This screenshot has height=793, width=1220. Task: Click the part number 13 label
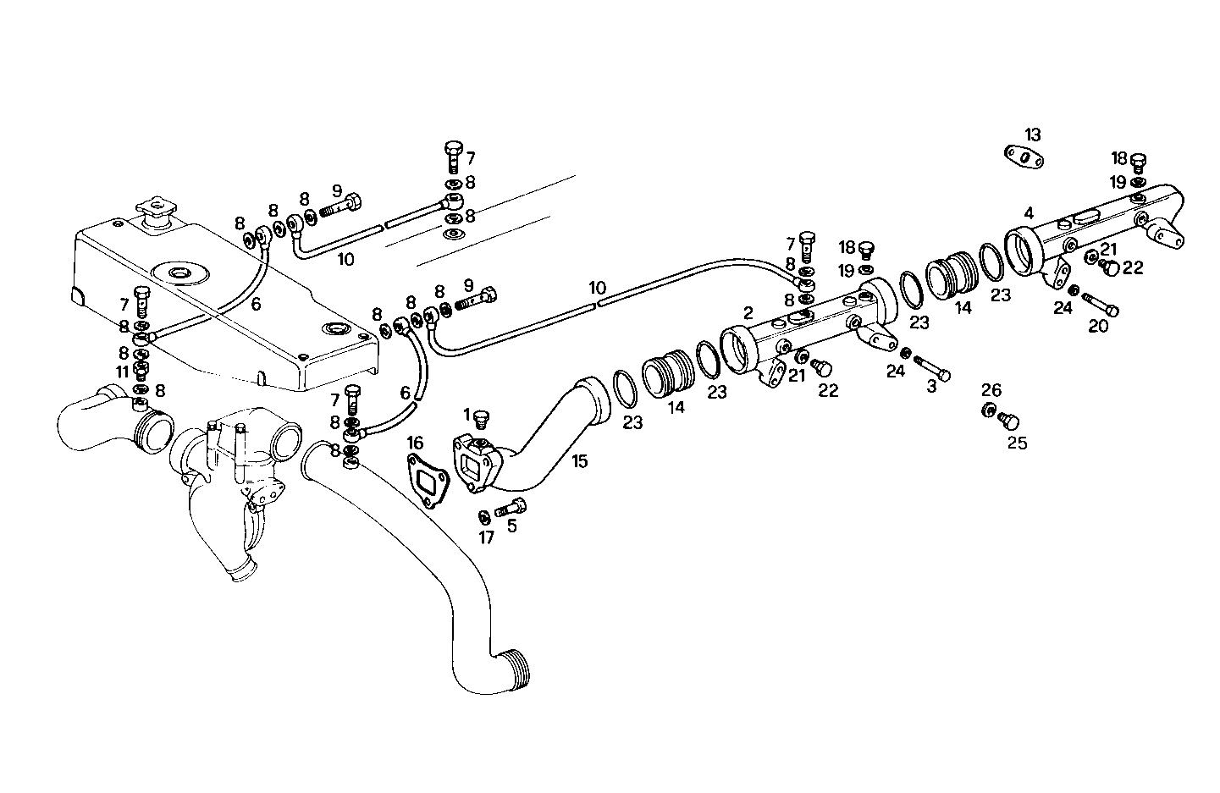(1032, 135)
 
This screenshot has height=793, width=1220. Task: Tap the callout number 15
(579, 462)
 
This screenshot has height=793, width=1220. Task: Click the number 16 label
(415, 443)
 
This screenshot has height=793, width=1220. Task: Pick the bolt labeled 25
(1008, 420)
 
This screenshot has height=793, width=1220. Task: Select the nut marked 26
(989, 410)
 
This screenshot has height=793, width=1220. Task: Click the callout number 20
(1097, 325)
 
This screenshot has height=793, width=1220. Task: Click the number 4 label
(1028, 212)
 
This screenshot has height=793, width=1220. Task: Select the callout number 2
(748, 313)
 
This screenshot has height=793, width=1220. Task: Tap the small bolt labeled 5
(510, 509)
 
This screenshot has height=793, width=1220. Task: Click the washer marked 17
(483, 516)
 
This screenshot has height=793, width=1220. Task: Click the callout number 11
(123, 371)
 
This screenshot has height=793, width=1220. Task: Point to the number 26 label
(991, 390)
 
